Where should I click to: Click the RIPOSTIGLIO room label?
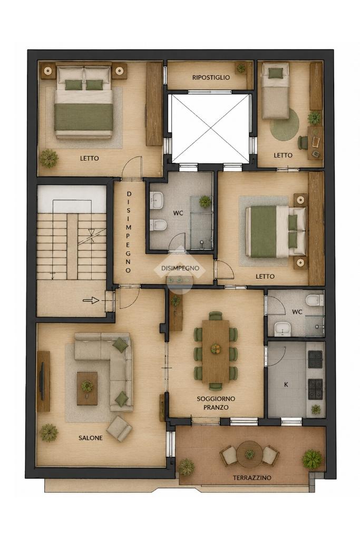coord(211,77)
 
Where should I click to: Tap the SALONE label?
coord(90,438)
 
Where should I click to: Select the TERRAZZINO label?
coord(252,478)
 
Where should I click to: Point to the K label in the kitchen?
coord(286,385)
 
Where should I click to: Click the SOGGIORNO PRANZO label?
coord(216,403)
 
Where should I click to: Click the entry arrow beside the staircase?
coord(91,301)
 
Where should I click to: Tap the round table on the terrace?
coord(249,454)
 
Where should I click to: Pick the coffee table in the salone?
coord(87,388)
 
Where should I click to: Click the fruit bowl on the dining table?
coord(216,349)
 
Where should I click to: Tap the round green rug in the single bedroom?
coord(285,124)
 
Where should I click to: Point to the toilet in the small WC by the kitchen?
coord(315,300)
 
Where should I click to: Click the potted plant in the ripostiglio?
coord(241,68)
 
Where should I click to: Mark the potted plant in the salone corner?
coord(48,433)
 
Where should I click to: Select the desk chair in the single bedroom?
coord(303,143)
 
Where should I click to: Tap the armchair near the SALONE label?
coord(119,428)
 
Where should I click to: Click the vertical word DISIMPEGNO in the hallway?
coord(129,232)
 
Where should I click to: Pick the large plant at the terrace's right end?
coord(312,459)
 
